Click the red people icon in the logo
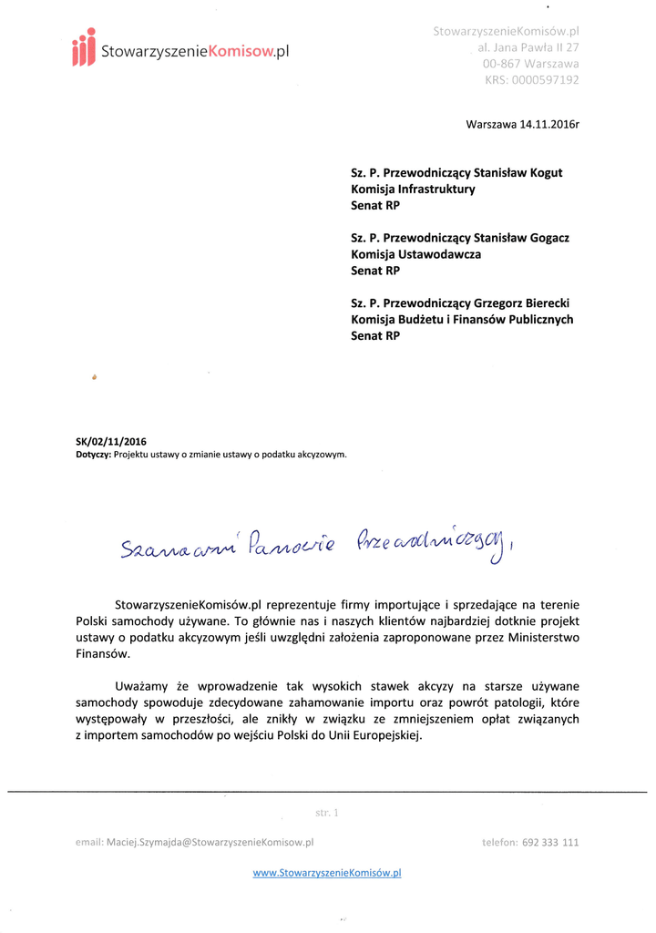[84, 47]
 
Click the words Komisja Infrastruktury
[413, 189]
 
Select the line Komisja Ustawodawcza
[415, 254]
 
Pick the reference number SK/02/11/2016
[110, 442]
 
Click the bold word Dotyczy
[93, 454]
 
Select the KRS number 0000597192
[545, 80]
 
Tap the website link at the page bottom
[327, 872]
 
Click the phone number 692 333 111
[550, 843]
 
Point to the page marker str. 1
[326, 811]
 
